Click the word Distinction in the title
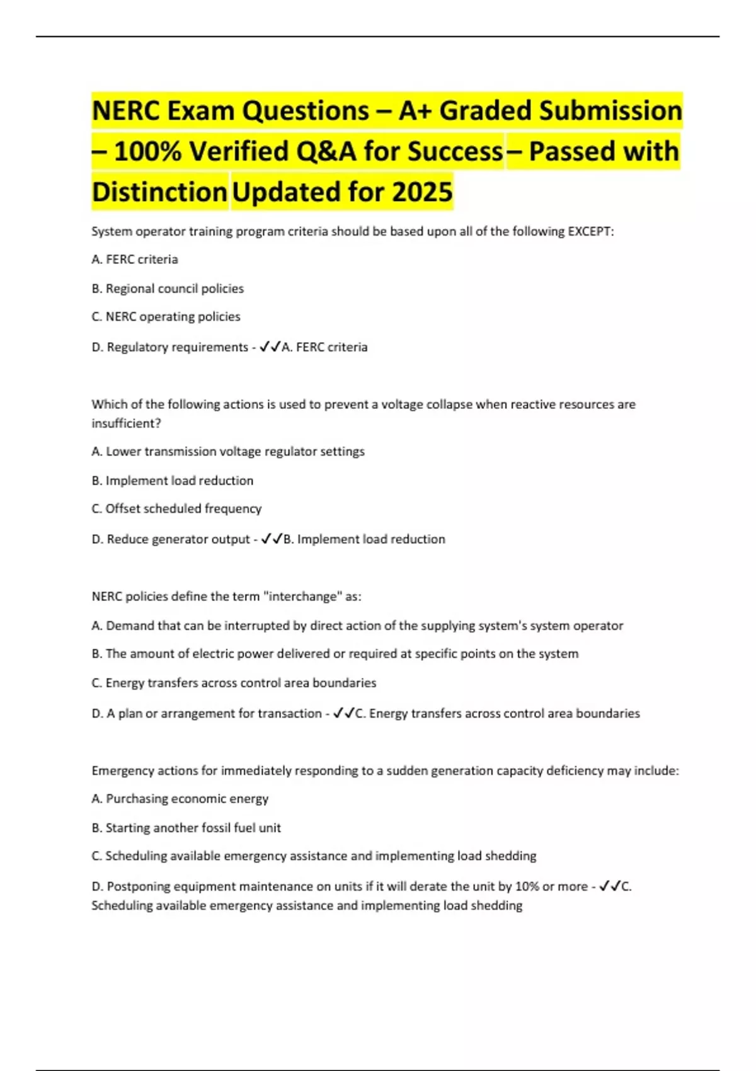pyautogui.click(x=159, y=192)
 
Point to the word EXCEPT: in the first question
pyautogui.click(x=590, y=231)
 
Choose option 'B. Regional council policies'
pyautogui.click(x=168, y=289)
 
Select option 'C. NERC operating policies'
pyautogui.click(x=166, y=316)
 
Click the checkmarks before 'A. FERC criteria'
pyautogui.click(x=270, y=346)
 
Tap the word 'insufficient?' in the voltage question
pyautogui.click(x=126, y=423)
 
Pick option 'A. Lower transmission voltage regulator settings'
pyautogui.click(x=228, y=451)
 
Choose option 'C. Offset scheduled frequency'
pyautogui.click(x=176, y=508)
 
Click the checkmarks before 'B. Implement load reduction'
pyautogui.click(x=272, y=539)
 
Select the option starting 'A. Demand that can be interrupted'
pyautogui.click(x=357, y=626)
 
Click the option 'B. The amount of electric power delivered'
pyautogui.click(x=335, y=653)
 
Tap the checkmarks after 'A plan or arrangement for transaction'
pyautogui.click(x=343, y=713)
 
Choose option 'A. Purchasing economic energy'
pyautogui.click(x=180, y=799)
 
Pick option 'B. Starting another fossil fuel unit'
pyautogui.click(x=186, y=828)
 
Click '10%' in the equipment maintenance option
pyautogui.click(x=527, y=886)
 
